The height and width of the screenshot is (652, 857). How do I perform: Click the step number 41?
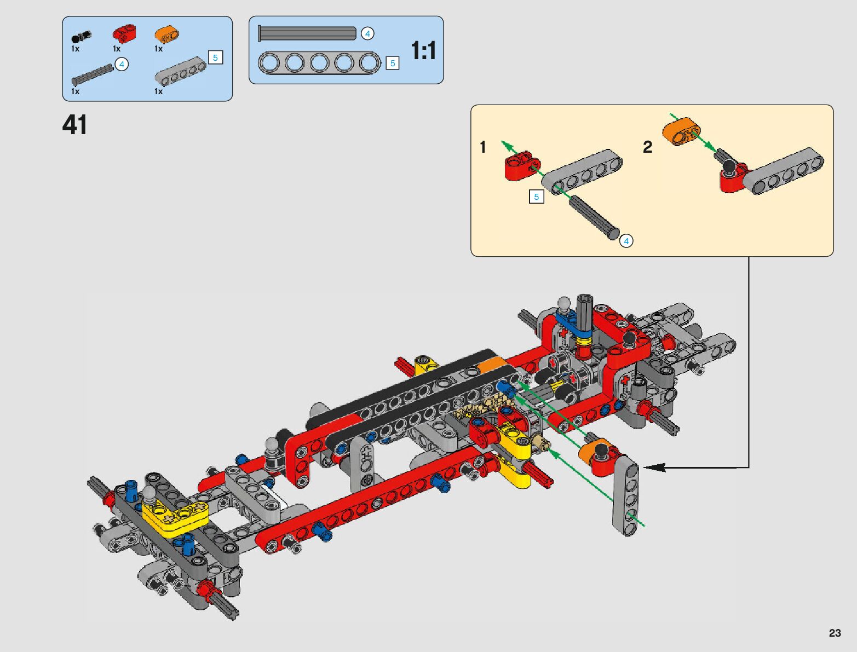click(74, 125)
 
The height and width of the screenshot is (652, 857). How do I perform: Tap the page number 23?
click(835, 632)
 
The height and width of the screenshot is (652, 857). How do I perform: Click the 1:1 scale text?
click(423, 51)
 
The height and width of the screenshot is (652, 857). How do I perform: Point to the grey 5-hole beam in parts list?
click(181, 71)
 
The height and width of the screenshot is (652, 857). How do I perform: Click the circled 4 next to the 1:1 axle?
click(367, 33)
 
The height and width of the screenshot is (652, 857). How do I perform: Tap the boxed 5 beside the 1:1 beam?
click(393, 63)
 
